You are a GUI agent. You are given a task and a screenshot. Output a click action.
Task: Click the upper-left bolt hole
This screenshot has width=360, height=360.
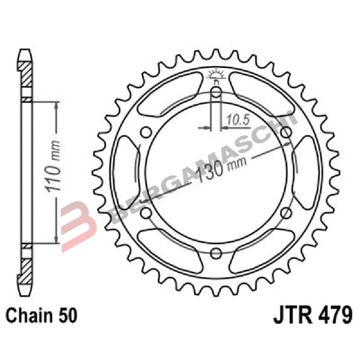pyautogui.click(x=145, y=132)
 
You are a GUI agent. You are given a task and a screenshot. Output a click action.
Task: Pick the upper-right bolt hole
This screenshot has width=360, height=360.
pyautogui.click(x=286, y=132)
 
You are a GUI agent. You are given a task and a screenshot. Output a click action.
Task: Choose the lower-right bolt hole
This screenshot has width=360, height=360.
pyautogui.click(x=286, y=213)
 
